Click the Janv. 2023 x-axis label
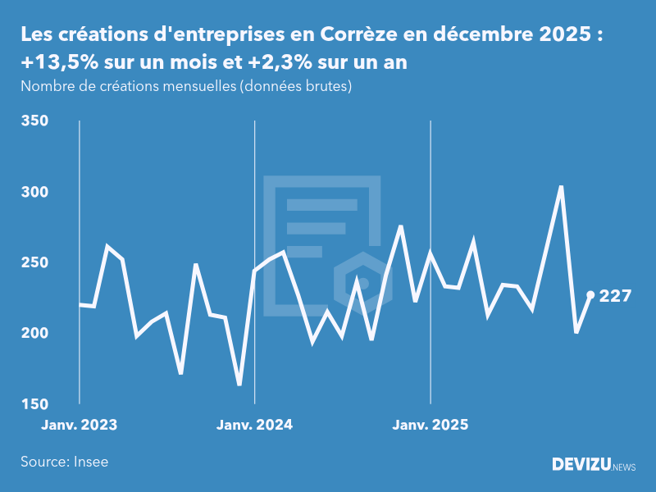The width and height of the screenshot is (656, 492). click(80, 425)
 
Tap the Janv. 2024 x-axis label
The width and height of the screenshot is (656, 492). click(255, 425)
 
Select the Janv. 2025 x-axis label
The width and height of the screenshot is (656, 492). click(430, 425)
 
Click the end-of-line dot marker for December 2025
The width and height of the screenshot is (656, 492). click(590, 295)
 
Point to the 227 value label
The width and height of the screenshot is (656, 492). click(615, 296)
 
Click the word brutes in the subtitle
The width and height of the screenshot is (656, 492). click(328, 86)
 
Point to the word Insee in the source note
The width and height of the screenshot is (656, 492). click(90, 462)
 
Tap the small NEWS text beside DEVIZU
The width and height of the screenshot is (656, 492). click(624, 467)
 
